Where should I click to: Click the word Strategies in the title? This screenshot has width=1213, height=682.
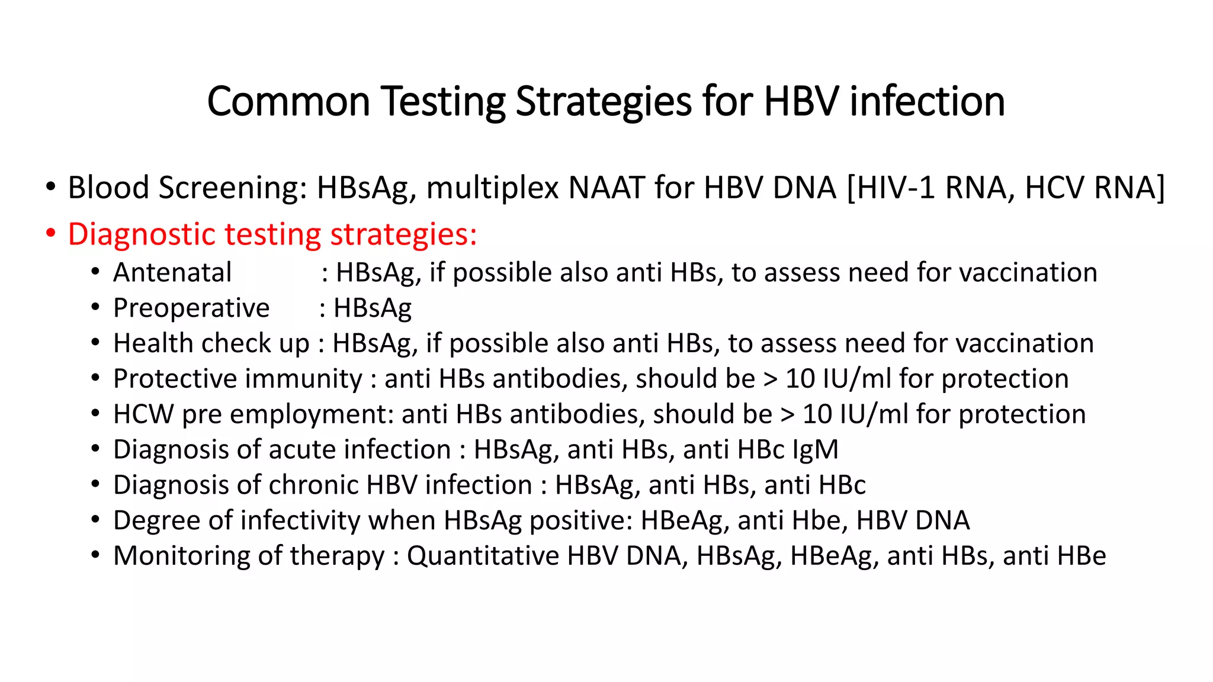point(604,102)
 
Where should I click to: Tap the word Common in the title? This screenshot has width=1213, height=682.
point(288,102)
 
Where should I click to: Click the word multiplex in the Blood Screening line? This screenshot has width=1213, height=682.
point(492,188)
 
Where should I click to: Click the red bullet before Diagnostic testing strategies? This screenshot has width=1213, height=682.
point(51,234)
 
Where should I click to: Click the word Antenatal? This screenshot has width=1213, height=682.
point(172,273)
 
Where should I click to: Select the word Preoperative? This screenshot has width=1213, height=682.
point(191,308)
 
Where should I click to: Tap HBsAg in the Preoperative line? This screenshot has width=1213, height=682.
point(373,308)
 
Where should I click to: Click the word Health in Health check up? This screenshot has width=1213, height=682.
point(145,343)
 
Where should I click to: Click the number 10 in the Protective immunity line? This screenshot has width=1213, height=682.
point(800,379)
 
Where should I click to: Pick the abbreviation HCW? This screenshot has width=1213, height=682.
point(143,414)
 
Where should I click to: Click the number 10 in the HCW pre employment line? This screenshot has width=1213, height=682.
point(817,414)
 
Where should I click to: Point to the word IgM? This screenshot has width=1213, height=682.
point(816,450)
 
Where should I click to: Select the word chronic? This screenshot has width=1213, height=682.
point(314,485)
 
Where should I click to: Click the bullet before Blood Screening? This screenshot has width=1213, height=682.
point(51,188)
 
